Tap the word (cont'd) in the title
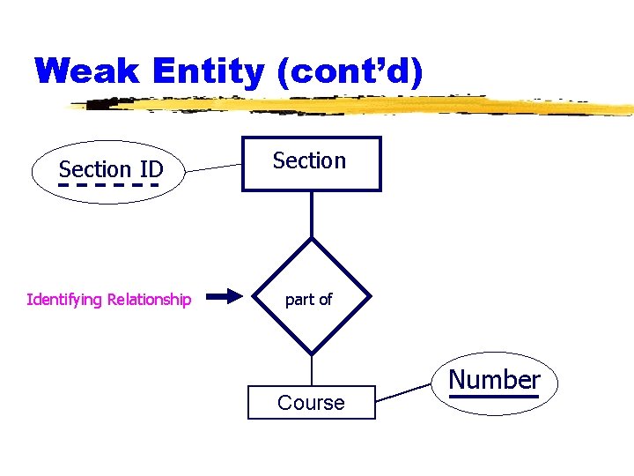click(x=350, y=71)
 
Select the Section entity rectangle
click(x=312, y=164)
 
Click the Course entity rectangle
click(x=311, y=402)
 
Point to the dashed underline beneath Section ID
click(x=108, y=186)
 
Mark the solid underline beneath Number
click(x=493, y=397)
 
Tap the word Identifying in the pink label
click(x=64, y=300)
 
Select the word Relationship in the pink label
click(x=149, y=300)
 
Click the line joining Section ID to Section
click(x=216, y=165)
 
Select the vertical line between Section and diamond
click(x=312, y=214)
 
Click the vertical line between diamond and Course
click(x=312, y=370)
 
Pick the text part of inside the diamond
click(x=308, y=300)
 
